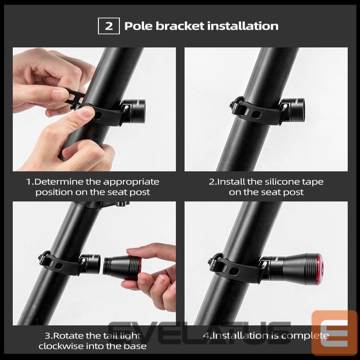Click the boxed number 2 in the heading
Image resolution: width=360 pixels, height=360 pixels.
click(x=109, y=26)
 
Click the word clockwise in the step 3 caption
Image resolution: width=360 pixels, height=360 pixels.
click(x=61, y=346)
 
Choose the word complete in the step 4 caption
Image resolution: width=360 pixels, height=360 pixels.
click(x=305, y=336)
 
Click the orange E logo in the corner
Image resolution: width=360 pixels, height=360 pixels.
click(x=334, y=332)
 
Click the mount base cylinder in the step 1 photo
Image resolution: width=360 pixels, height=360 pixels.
click(x=135, y=108)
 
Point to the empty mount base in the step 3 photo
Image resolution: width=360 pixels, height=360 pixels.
click(x=87, y=264)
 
